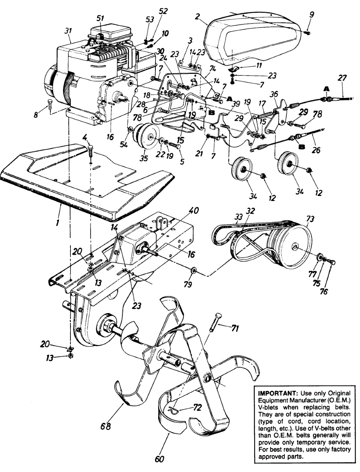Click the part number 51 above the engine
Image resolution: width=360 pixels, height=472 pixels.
[100, 18]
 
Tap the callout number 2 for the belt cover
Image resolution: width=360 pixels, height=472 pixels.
[197, 17]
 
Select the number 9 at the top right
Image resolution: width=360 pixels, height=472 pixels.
[311, 15]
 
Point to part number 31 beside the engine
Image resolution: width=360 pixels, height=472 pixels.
[68, 31]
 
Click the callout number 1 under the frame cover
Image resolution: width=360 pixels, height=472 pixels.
[57, 223]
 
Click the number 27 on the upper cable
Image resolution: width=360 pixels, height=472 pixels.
[342, 78]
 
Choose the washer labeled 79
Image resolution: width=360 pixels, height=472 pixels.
[194, 271]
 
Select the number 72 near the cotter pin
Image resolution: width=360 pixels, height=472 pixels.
[198, 407]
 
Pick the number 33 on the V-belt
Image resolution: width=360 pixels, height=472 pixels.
[239, 217]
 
